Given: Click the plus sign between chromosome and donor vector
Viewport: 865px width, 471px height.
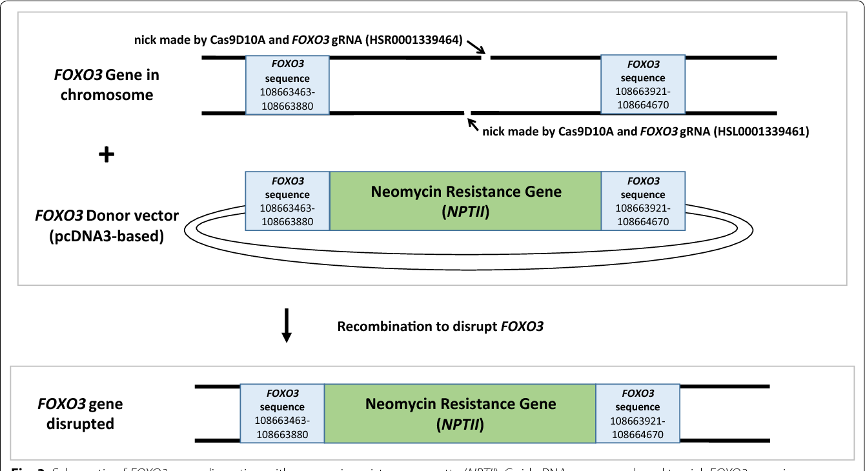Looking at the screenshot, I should (x=106, y=155).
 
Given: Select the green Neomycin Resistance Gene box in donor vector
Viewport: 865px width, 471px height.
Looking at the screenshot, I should (x=465, y=201).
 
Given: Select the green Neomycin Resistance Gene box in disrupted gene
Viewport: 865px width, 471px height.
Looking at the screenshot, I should (x=460, y=414).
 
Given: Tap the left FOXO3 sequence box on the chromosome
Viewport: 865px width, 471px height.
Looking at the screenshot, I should (x=287, y=85).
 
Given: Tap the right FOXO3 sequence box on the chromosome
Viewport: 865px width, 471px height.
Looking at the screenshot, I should (x=643, y=85).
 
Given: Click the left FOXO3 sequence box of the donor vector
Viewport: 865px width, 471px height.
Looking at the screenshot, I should (x=287, y=201).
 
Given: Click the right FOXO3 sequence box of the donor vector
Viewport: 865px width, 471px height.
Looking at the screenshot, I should (x=643, y=201).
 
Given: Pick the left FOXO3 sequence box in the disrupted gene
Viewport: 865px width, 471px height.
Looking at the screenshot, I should (x=282, y=414).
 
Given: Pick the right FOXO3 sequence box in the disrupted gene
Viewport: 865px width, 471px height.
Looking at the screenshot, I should (x=637, y=414).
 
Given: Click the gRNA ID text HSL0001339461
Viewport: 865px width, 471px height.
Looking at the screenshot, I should (x=764, y=132).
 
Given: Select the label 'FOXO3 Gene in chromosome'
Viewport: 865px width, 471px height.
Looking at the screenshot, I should (x=106, y=85).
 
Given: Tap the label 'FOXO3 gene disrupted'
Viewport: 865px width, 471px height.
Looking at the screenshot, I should (x=80, y=414).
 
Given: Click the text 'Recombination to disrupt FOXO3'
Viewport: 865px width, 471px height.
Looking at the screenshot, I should (x=440, y=326).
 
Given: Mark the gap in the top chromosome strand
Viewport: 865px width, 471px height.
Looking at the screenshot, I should (x=486, y=58).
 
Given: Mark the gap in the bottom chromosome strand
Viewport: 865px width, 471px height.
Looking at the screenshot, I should (x=468, y=114).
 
